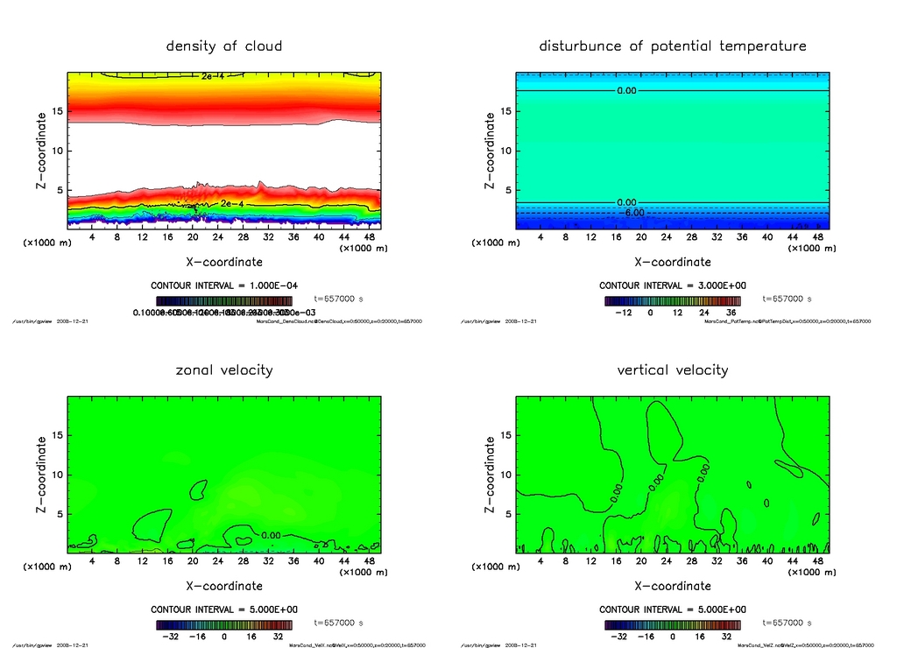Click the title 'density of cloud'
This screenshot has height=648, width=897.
224,46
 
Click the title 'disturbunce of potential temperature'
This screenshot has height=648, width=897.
672,46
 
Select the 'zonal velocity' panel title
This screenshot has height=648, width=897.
224,370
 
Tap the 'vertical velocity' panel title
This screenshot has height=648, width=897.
672,370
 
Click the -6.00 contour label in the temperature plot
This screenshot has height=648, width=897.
632,212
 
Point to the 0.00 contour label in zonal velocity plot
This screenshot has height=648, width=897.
272,535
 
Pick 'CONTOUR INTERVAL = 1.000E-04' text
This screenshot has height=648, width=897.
224,285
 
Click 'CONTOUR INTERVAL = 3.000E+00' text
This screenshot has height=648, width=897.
672,285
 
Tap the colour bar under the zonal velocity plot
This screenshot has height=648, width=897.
224,625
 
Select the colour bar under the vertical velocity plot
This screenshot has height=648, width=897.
672,625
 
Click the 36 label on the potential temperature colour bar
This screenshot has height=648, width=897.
731,312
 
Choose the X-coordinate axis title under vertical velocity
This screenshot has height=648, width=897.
672,585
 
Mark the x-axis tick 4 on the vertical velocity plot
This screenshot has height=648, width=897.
540,560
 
